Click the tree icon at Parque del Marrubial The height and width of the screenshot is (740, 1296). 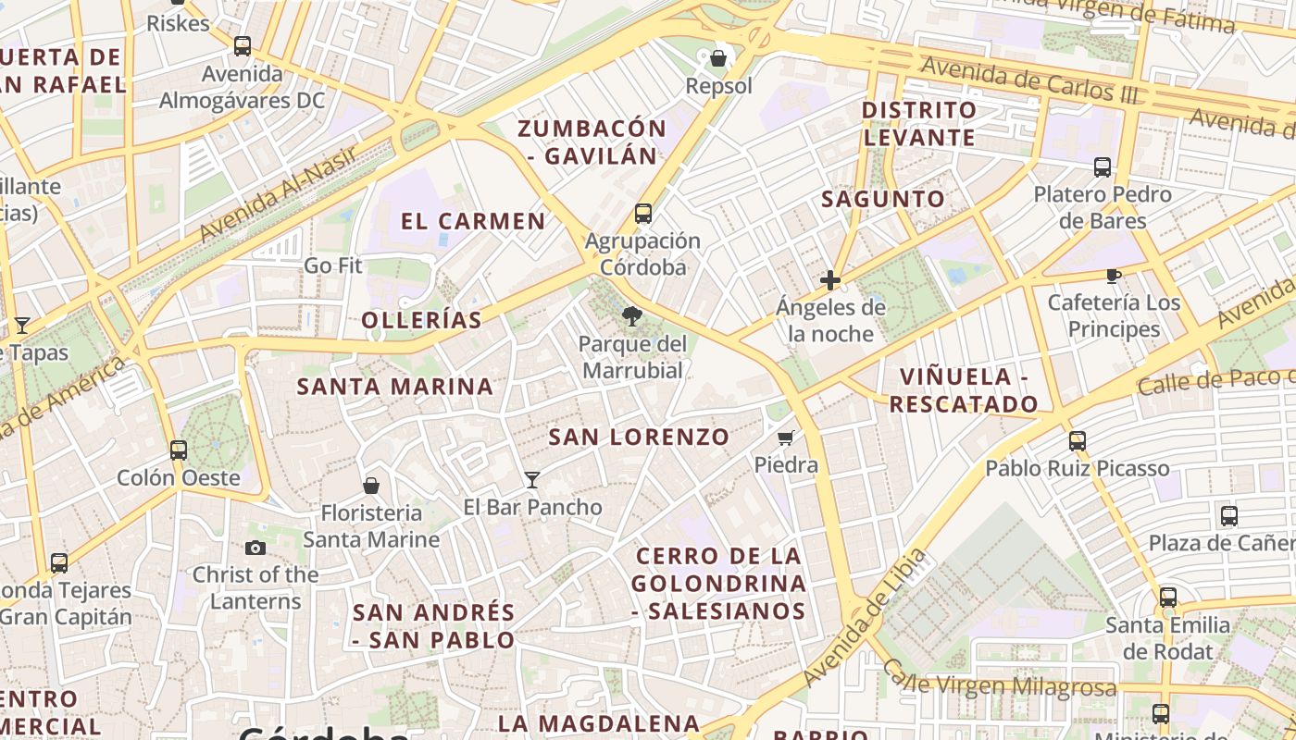pyautogui.click(x=632, y=317)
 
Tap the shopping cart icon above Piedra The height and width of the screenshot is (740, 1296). pyautogui.click(x=786, y=438)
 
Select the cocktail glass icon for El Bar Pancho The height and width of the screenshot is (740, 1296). pyautogui.click(x=532, y=479)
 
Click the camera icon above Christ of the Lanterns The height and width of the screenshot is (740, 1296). pyautogui.click(x=255, y=548)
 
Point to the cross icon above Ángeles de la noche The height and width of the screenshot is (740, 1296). pyautogui.click(x=830, y=279)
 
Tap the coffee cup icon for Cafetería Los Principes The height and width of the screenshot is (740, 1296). pyautogui.click(x=1114, y=276)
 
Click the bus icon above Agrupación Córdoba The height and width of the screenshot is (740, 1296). pyautogui.click(x=643, y=214)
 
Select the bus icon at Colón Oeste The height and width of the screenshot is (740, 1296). pyautogui.click(x=179, y=450)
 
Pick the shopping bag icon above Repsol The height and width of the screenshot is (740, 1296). pyautogui.click(x=718, y=59)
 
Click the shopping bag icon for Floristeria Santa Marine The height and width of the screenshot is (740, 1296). pyautogui.click(x=371, y=486)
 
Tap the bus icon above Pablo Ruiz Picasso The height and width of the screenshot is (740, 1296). pyautogui.click(x=1078, y=441)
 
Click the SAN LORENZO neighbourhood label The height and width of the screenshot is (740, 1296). pyautogui.click(x=639, y=437)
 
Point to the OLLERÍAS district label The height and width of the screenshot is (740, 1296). pyautogui.click(x=421, y=320)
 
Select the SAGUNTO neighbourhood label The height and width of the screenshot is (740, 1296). pyautogui.click(x=883, y=198)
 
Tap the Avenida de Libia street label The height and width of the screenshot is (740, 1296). pyautogui.click(x=866, y=617)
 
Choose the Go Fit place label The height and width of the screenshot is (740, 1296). pyautogui.click(x=333, y=265)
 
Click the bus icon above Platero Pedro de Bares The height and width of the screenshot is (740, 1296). pyautogui.click(x=1103, y=167)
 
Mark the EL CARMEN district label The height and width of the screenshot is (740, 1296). pyautogui.click(x=473, y=221)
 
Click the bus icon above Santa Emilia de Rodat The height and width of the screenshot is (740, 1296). pyautogui.click(x=1168, y=598)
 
